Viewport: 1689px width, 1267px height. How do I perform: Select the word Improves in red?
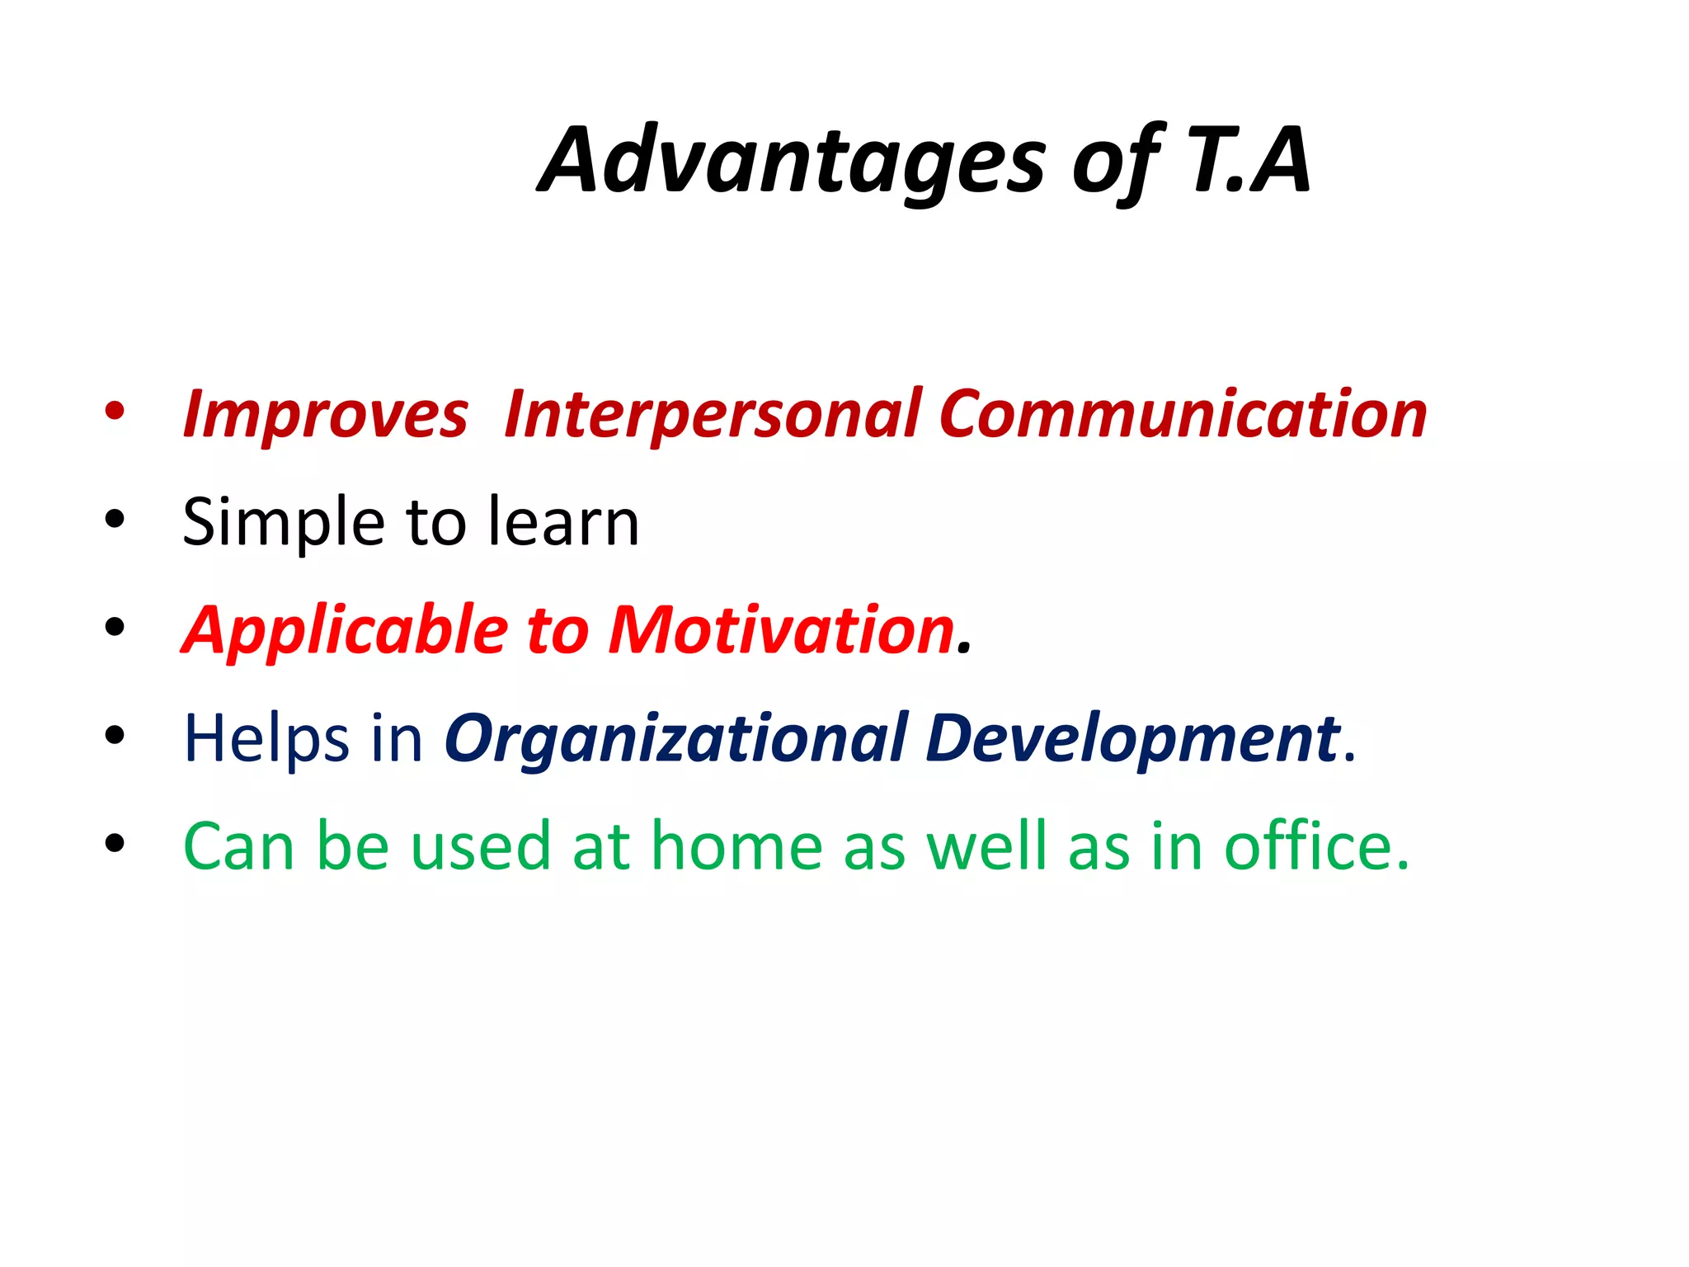tap(326, 414)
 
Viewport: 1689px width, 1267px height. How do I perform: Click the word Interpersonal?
tap(713, 414)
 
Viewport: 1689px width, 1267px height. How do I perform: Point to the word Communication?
tap(1183, 414)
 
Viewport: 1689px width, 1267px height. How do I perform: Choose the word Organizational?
tap(675, 738)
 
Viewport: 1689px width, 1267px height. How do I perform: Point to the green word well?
tap(986, 847)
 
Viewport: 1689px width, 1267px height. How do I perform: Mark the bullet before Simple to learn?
tap(115, 520)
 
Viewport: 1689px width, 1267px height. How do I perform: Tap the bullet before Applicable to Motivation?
tap(115, 628)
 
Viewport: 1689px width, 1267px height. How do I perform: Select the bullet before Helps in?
tap(115, 735)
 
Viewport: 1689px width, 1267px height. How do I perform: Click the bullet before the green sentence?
tap(115, 844)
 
